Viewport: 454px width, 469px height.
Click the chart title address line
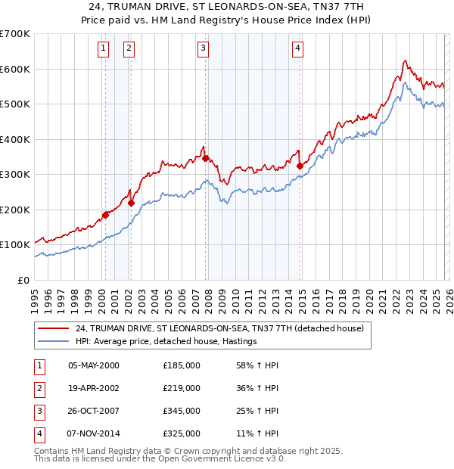(226, 5)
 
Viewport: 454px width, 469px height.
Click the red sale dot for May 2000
(106, 215)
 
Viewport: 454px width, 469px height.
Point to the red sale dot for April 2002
(132, 203)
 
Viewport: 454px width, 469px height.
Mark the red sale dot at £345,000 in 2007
(205, 159)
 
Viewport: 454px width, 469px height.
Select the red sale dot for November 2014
(300, 166)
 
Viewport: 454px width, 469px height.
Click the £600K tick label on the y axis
(14, 69)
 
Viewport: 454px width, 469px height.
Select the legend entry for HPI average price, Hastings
(166, 341)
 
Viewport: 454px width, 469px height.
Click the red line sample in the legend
(54, 328)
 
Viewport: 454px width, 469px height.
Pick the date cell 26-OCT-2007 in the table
(94, 412)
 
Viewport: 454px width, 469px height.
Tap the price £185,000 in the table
(182, 365)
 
